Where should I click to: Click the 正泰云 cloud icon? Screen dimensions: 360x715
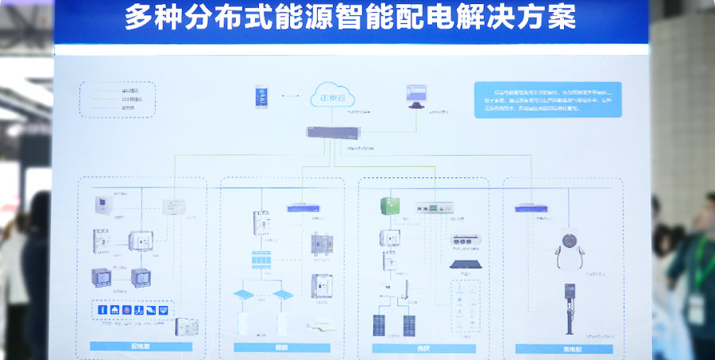334,96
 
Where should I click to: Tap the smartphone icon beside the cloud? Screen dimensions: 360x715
262,97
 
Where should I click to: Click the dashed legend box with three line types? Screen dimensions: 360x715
118,99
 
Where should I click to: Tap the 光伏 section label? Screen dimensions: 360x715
424,347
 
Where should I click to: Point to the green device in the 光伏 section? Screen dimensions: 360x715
390,206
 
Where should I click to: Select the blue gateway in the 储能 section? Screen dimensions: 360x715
305,208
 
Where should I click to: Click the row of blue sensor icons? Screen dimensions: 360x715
133,308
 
